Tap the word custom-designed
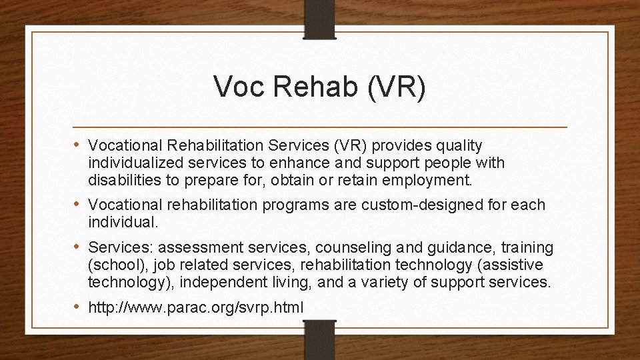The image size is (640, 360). [x=417, y=205]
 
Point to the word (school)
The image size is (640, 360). [x=117, y=265]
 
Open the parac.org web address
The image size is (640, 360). [x=196, y=308]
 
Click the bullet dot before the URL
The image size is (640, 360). [x=79, y=307]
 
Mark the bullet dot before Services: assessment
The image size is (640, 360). [x=79, y=247]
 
